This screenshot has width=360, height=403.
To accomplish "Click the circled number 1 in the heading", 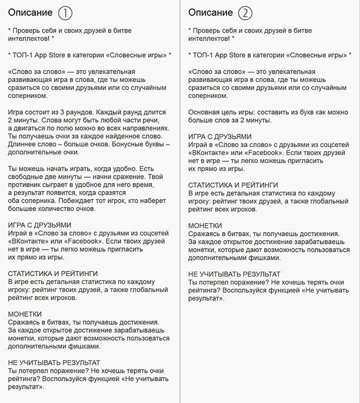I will pyautogui.click(x=65, y=13).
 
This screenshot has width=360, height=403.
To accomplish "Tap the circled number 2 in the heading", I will pyautogui.click(x=245, y=13).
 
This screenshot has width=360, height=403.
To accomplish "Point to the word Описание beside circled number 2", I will pyautogui.click(x=211, y=13).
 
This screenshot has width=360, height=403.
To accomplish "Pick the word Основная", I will pyautogui.click(x=206, y=112).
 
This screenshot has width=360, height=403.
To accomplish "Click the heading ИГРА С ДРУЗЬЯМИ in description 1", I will pyautogui.click(x=40, y=225).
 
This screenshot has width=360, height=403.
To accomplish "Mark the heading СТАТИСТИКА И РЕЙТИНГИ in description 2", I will pyautogui.click(x=233, y=185).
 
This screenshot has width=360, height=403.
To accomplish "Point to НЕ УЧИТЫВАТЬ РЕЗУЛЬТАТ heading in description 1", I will pyautogui.click(x=55, y=363).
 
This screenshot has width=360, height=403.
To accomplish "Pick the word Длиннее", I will pyautogui.click(x=25, y=144).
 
